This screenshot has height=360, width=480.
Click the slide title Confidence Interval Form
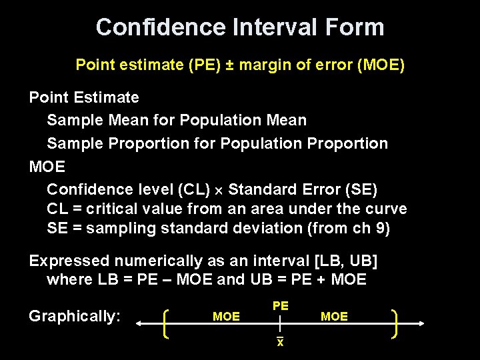(240, 27)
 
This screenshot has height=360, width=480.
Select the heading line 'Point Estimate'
(84, 97)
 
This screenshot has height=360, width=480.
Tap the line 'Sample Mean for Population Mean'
(177, 120)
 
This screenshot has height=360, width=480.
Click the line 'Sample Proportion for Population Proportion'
(217, 143)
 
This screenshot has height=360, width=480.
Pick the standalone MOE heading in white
(47, 166)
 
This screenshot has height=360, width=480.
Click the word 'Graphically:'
(75, 316)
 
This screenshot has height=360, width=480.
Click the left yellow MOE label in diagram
(226, 317)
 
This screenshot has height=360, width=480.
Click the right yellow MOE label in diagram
(334, 317)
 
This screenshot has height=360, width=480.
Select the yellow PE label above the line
(281, 305)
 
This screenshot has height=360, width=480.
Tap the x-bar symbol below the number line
(281, 342)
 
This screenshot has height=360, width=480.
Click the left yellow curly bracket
(167, 323)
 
